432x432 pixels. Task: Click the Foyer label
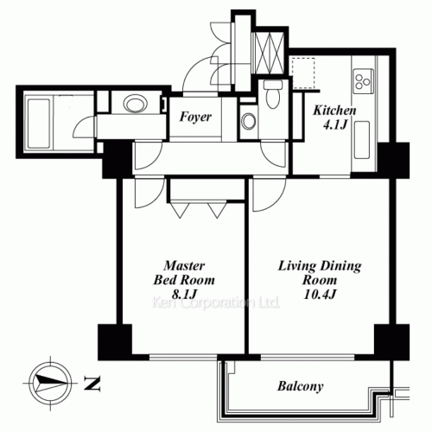click(x=195, y=117)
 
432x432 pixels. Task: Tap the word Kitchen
click(x=334, y=111)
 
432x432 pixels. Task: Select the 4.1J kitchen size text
click(x=334, y=125)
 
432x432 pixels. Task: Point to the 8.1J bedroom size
click(x=184, y=295)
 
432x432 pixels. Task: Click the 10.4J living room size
click(x=320, y=295)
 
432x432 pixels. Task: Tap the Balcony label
click(x=300, y=386)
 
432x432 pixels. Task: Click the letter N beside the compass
click(x=92, y=384)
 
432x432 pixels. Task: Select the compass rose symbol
click(x=50, y=384)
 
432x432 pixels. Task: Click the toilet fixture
click(x=273, y=93)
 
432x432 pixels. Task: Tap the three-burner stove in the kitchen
click(x=364, y=81)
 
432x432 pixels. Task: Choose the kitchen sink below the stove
click(x=362, y=140)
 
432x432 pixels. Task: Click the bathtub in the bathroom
click(x=38, y=124)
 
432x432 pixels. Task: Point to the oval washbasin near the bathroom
click(x=135, y=104)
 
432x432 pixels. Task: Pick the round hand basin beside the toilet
click(x=248, y=121)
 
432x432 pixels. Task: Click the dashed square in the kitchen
click(x=303, y=73)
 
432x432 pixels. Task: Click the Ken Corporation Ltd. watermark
click(x=215, y=302)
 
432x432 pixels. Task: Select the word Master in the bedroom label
click(x=184, y=265)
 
